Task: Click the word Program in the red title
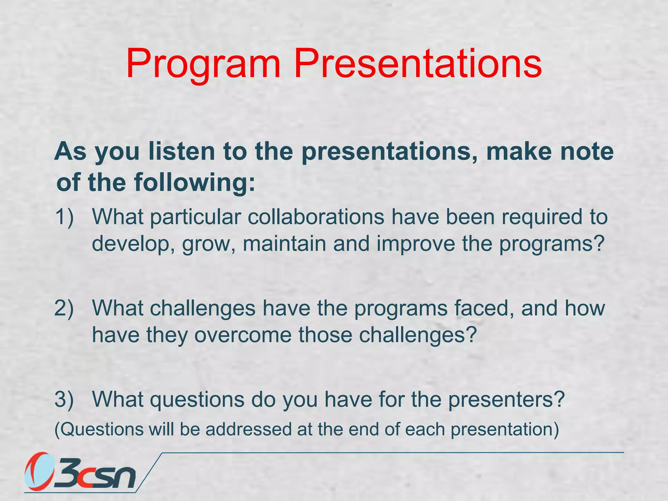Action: click(203, 64)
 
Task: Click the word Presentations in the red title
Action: click(417, 64)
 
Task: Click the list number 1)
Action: click(64, 217)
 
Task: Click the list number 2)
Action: click(64, 308)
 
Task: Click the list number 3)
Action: click(64, 399)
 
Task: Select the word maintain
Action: click(284, 244)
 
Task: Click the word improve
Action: click(416, 244)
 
